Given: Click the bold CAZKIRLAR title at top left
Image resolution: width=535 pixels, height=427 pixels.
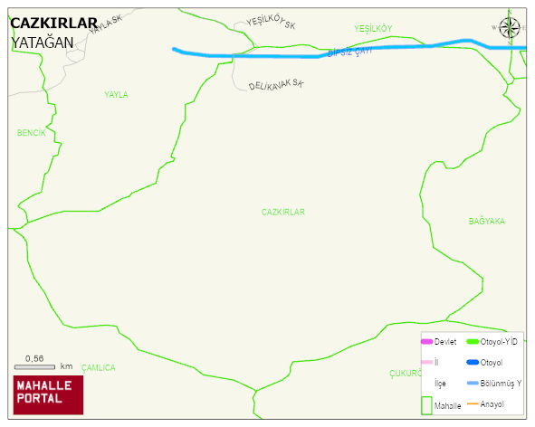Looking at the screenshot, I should pyautogui.click(x=53, y=24).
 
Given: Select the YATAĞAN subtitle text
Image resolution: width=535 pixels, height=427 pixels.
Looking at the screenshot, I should pyautogui.click(x=43, y=42).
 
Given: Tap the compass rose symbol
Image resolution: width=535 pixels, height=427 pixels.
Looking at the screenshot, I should pyautogui.click(x=511, y=28).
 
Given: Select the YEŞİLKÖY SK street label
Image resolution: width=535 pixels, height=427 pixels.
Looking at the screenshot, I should pyautogui.click(x=271, y=24).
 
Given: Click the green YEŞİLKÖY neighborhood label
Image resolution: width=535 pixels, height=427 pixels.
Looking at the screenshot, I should pyautogui.click(x=373, y=29).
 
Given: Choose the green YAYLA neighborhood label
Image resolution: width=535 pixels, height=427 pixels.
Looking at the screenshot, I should pyautogui.click(x=116, y=94).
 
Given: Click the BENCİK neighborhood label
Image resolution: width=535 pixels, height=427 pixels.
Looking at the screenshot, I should pyautogui.click(x=31, y=133).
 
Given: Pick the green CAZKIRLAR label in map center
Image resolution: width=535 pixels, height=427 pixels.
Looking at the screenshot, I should pyautogui.click(x=283, y=212).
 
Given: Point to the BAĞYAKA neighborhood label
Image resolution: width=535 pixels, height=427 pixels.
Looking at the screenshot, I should pyautogui.click(x=486, y=221).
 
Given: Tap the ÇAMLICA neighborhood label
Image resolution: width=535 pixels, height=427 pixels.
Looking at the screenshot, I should pyautogui.click(x=99, y=367).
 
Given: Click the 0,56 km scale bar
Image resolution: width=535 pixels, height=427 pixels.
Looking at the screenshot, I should pyautogui.click(x=35, y=365).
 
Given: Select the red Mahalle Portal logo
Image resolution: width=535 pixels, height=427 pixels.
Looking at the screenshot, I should pyautogui.click(x=48, y=394).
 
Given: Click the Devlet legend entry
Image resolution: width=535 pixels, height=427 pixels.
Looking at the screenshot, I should pyautogui.click(x=439, y=341).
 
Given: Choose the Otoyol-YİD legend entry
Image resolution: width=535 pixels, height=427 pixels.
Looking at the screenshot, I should pyautogui.click(x=491, y=341).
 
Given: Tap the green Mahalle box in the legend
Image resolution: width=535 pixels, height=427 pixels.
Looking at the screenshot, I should pyautogui.click(x=427, y=405).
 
